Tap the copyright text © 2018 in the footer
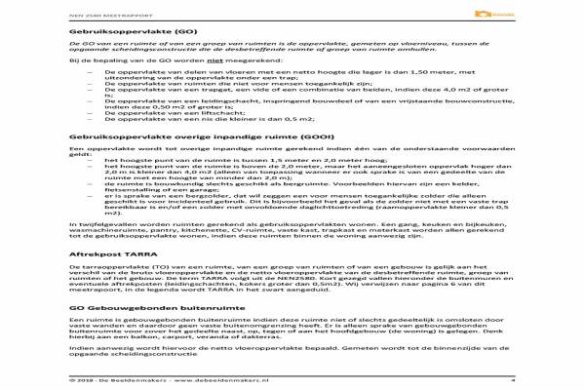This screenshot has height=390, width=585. point(82,381)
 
